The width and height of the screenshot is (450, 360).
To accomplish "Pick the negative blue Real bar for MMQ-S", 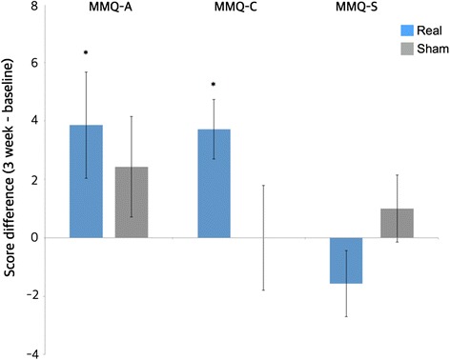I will point(346,260).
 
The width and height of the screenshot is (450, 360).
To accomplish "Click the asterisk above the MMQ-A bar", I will point(86,53).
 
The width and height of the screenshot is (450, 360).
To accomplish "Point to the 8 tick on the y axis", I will point(34,6).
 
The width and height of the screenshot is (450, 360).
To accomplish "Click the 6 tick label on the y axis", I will point(34,63).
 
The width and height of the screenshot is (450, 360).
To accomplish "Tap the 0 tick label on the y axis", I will point(34,237).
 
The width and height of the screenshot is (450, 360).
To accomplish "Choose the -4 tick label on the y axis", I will point(31,353).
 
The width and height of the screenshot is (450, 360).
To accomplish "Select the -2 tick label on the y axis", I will point(31,295).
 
